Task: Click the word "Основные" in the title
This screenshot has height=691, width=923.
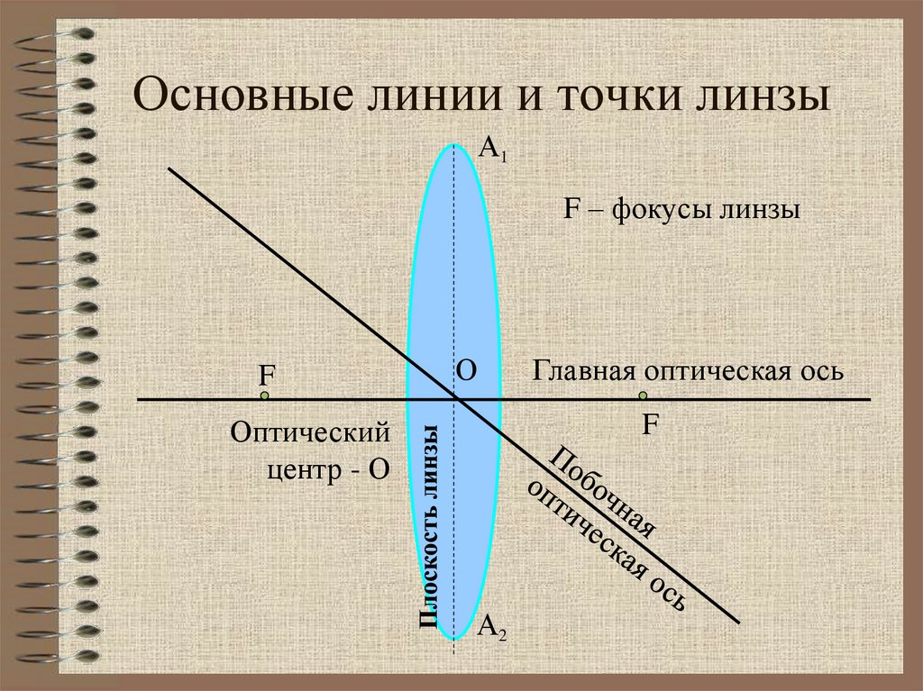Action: point(233,95)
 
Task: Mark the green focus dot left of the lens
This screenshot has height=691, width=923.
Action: point(265,396)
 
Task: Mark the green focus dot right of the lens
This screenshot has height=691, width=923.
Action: point(644,396)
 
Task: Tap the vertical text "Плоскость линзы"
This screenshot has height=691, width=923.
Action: point(429,525)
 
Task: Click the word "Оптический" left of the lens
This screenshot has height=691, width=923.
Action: point(311,433)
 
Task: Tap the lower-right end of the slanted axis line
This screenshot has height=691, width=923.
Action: point(738,622)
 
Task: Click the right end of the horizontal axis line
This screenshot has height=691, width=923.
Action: point(870,399)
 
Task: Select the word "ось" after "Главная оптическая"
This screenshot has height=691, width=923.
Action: point(823,370)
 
